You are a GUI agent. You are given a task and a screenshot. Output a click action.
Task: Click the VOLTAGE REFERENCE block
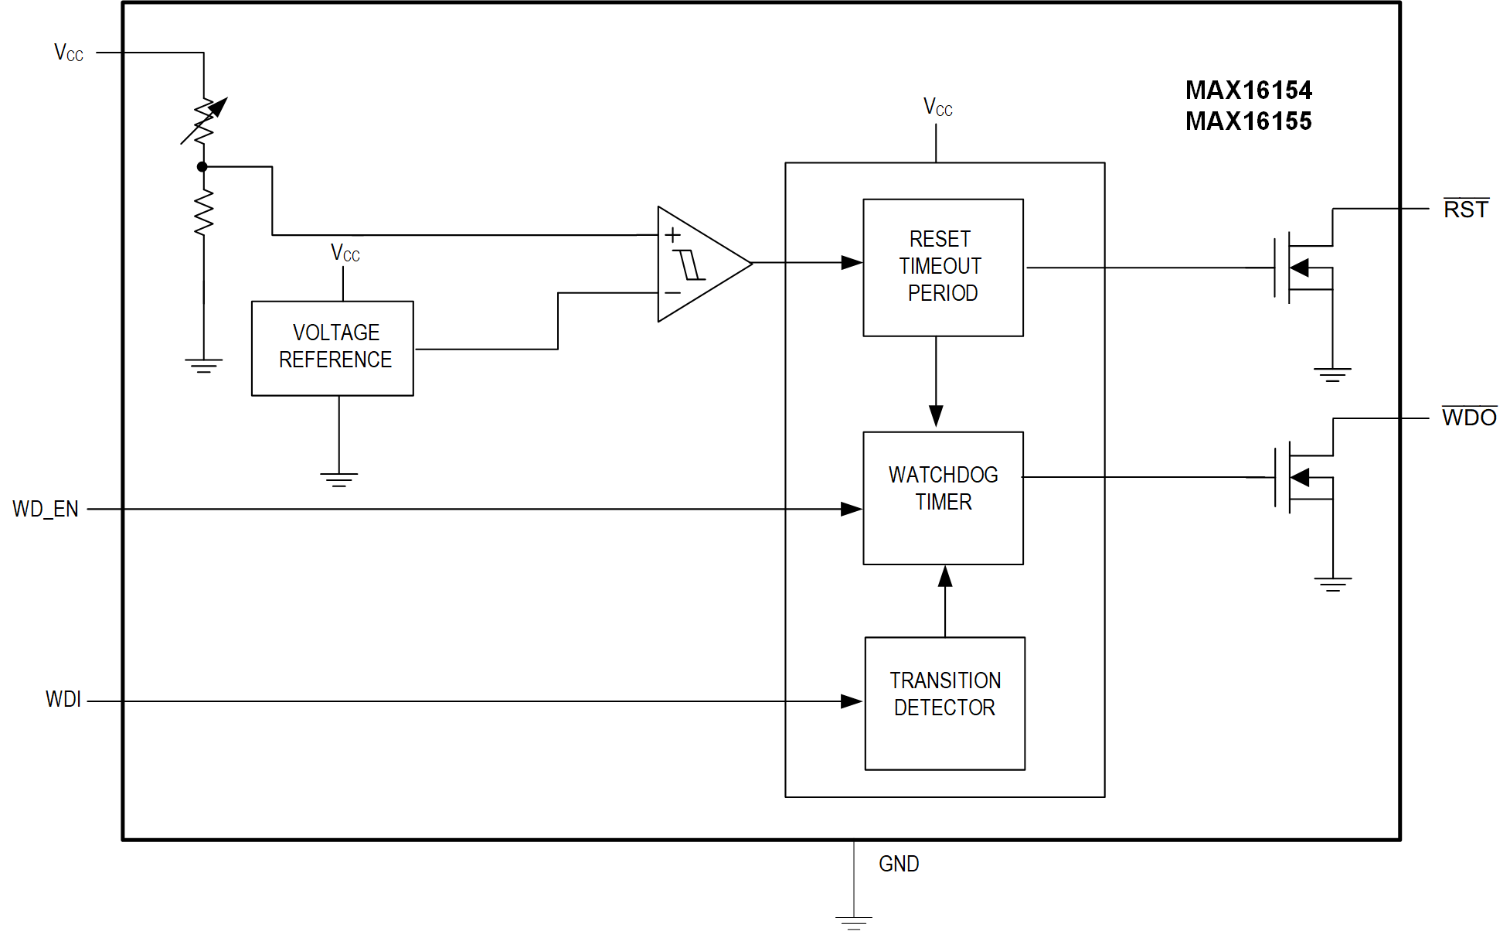(332, 348)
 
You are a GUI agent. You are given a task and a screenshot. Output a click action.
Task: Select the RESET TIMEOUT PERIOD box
(943, 267)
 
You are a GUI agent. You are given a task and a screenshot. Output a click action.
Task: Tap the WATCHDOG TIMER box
(943, 497)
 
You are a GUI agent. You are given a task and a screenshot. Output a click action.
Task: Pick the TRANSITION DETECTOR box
(944, 703)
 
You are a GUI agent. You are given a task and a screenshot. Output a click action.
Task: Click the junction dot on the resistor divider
(202, 166)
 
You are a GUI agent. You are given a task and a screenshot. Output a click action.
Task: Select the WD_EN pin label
(46, 509)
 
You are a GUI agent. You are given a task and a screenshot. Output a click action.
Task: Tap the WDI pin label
(63, 699)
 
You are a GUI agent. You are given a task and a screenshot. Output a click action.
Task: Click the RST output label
(1465, 210)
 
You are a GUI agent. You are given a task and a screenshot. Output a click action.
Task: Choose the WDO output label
(1468, 418)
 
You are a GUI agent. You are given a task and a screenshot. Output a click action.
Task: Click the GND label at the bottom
(899, 864)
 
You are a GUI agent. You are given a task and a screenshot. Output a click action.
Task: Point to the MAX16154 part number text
(1248, 90)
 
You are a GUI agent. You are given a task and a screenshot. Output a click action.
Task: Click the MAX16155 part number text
(1248, 121)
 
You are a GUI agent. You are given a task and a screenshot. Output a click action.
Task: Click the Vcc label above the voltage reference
(345, 253)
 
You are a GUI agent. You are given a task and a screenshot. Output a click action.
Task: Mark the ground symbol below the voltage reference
(338, 479)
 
